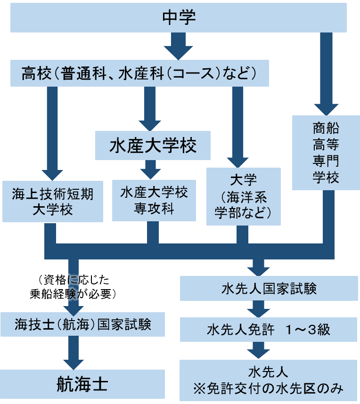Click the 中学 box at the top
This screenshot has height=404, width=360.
pyautogui.click(x=179, y=18)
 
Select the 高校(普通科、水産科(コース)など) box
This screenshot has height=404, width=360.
pyautogui.click(x=139, y=73)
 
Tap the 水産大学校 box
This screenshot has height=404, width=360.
pyautogui.click(x=153, y=145)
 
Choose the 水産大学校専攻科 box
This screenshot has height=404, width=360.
pyautogui.click(x=154, y=200)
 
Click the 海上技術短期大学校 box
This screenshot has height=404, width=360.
pyautogui.click(x=52, y=201)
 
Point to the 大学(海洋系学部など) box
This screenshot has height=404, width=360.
pyautogui.click(x=243, y=196)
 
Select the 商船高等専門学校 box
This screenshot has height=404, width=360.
pyautogui.click(x=326, y=153)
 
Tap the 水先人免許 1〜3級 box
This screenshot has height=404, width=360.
pyautogui.click(x=269, y=329)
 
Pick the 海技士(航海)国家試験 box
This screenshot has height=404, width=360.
pyautogui.click(x=82, y=324)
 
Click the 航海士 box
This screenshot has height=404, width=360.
pyautogui.click(x=82, y=384)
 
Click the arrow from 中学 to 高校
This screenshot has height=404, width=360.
pyautogui.click(x=179, y=46)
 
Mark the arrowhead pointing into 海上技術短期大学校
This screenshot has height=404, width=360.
pyautogui.click(x=52, y=171)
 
